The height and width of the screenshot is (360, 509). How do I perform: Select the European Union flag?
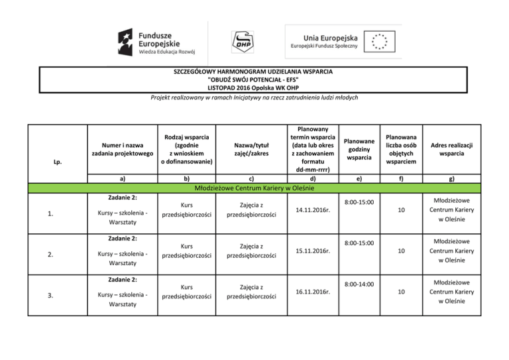(380, 40)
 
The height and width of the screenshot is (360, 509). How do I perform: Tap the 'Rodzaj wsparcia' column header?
(186, 149)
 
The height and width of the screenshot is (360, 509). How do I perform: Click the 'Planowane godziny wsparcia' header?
(359, 149)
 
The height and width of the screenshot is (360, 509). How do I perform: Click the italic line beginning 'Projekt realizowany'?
(254, 97)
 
